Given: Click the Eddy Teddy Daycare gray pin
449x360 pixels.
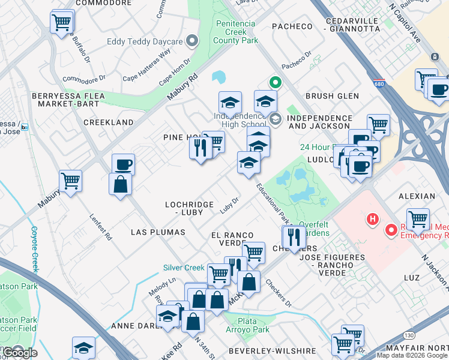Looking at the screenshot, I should [192, 41].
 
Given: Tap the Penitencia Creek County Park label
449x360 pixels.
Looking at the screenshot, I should [237, 32].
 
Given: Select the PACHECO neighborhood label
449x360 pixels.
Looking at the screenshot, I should [292, 26].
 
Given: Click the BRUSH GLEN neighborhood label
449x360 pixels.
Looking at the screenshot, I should [332, 96].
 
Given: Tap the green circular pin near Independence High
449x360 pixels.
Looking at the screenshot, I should [275, 82].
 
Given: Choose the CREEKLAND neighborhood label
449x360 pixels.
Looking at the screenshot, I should [108, 122].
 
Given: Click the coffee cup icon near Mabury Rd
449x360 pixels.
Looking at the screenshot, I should [123, 164].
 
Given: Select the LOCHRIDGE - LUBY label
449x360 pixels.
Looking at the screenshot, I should [189, 209].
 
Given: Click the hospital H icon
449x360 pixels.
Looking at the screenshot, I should [373, 219].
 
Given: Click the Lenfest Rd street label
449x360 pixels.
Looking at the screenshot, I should [101, 227].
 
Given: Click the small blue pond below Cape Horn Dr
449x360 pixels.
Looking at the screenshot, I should [218, 77].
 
